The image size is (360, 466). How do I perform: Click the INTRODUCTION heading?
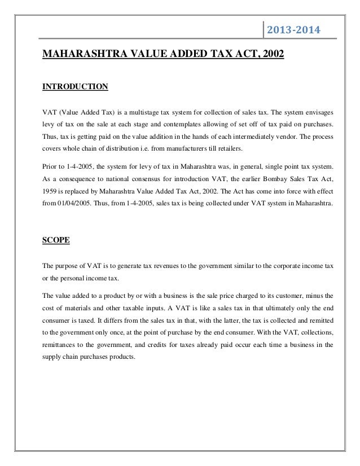tap(75, 87)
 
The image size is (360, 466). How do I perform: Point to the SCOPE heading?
tap(56, 240)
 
